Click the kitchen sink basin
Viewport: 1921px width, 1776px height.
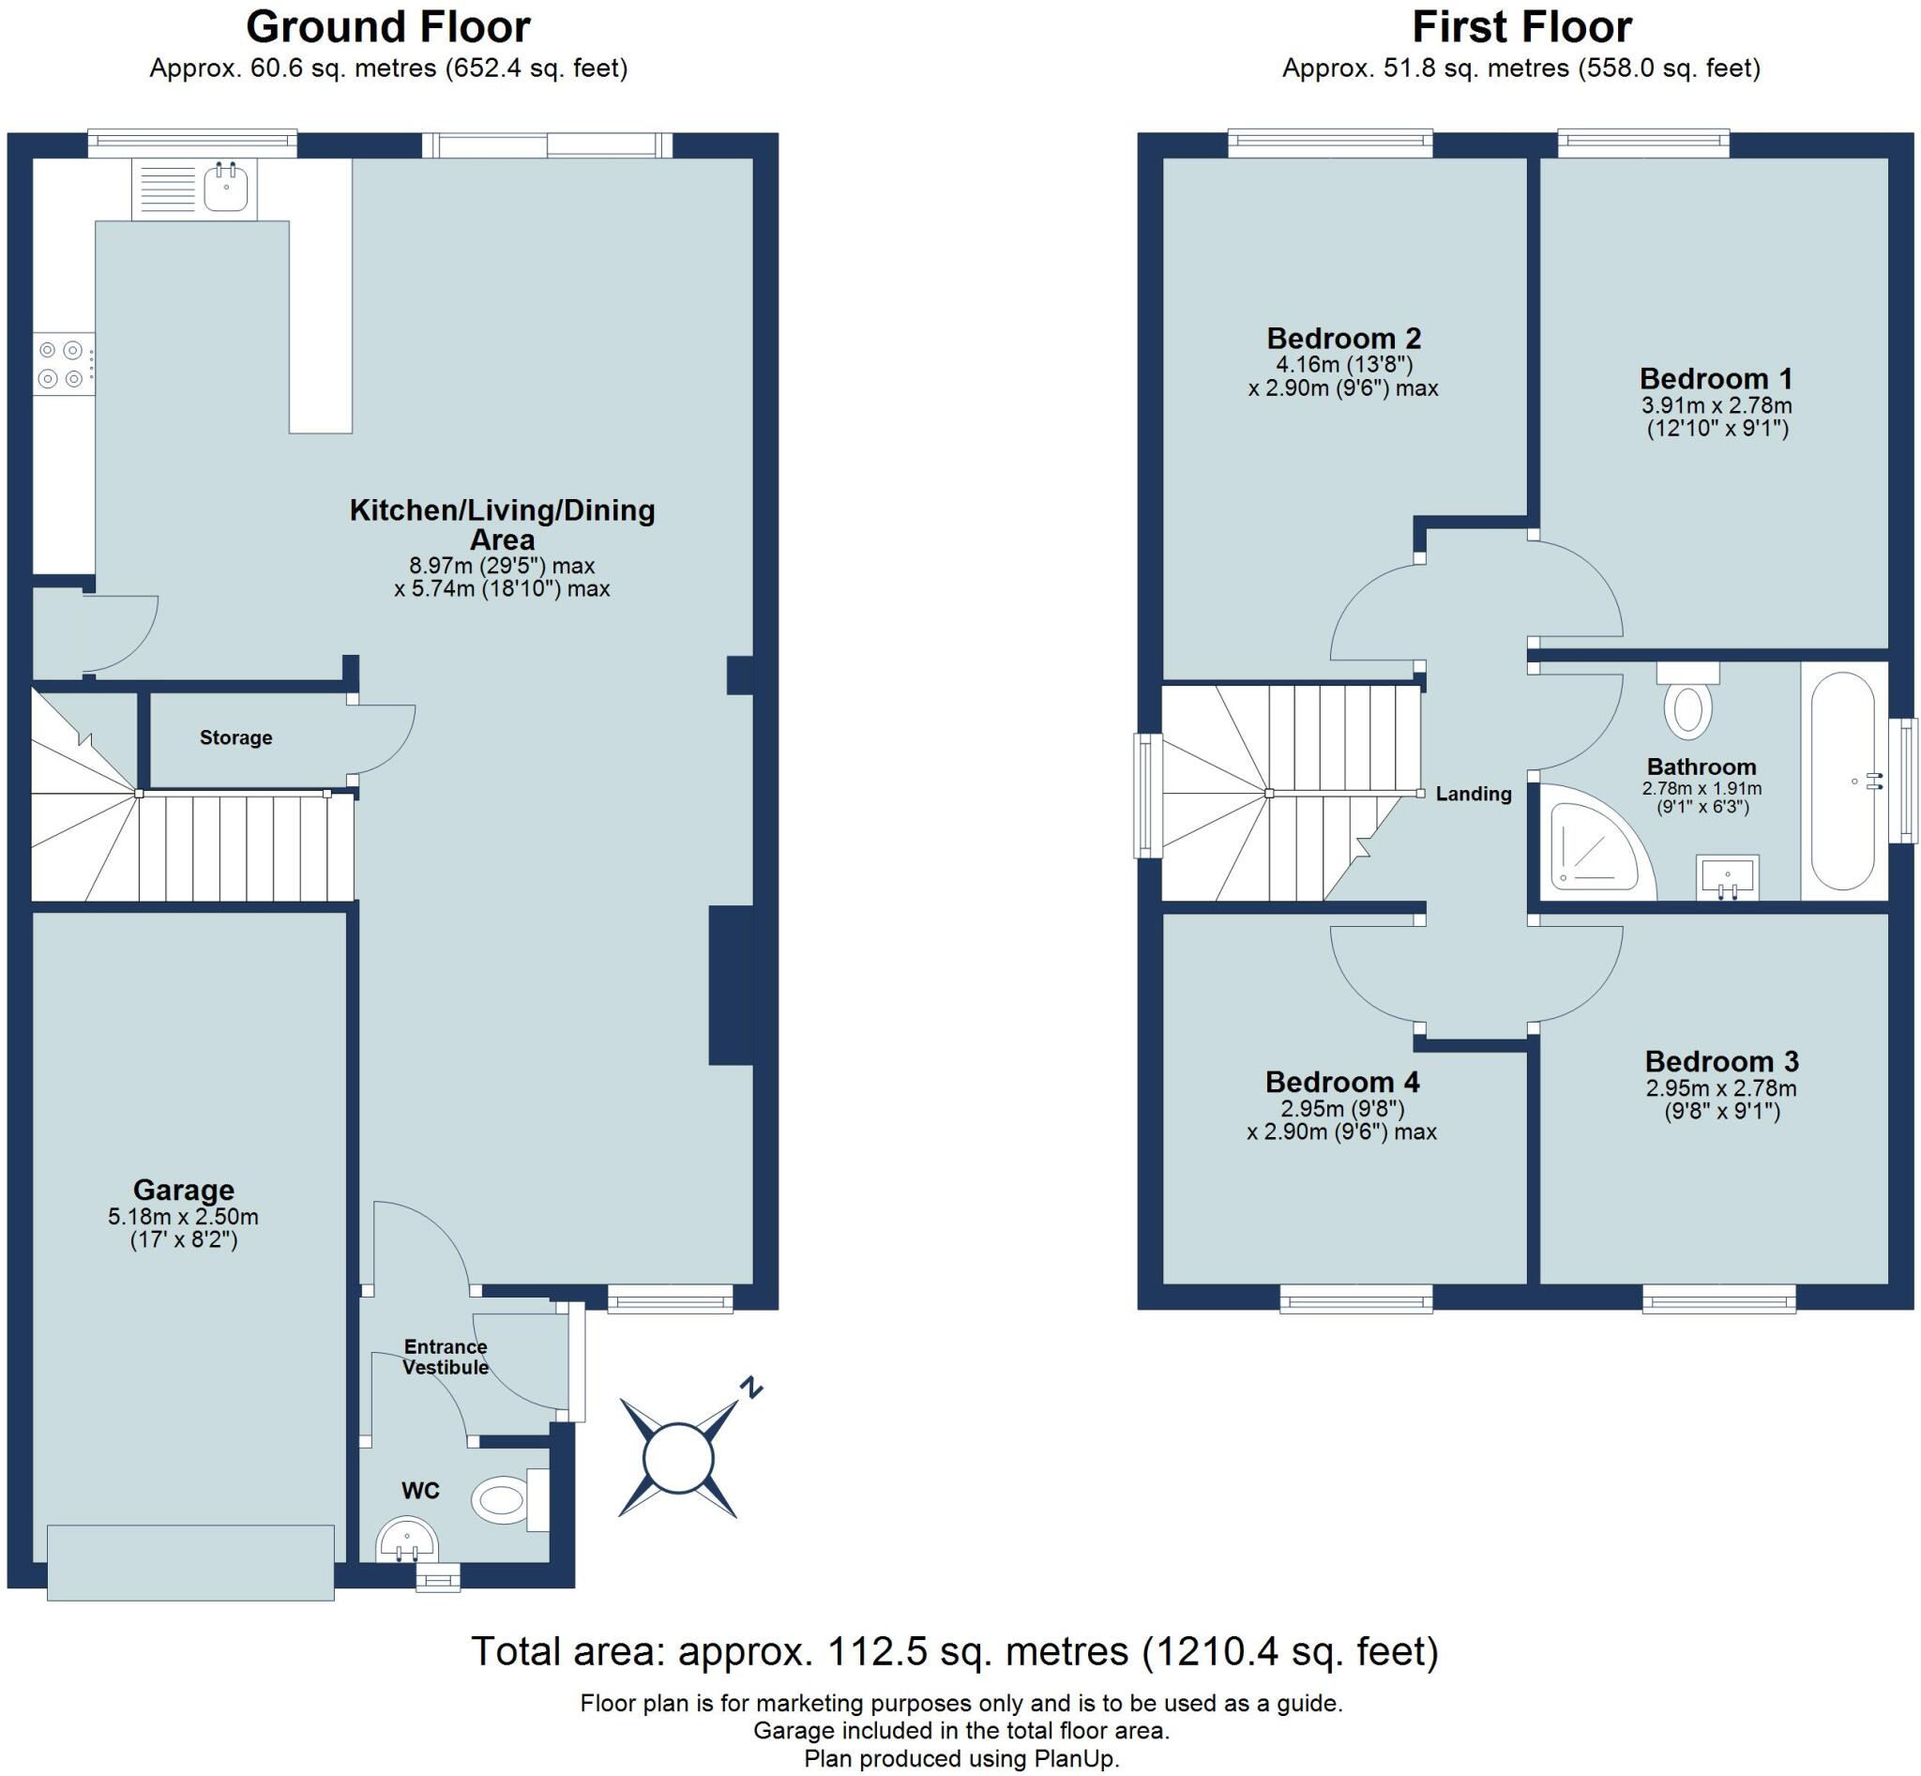tap(226, 188)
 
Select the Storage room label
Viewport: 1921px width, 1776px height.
tap(235, 737)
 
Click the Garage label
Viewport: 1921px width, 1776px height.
tap(184, 1191)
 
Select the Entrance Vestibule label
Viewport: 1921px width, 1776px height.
tap(445, 1356)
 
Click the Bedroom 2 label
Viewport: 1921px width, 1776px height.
tap(1343, 339)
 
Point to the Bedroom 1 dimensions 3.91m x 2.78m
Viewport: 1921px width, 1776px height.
tap(1717, 405)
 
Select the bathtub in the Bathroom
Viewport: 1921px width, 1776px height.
tap(1843, 782)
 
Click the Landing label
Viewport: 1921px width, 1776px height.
tap(1474, 794)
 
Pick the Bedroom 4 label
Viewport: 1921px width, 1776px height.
tap(1341, 1082)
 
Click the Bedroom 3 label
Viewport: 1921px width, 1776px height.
tap(1721, 1061)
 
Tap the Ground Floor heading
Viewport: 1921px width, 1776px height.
tap(388, 27)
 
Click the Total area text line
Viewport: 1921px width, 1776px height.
tap(954, 1651)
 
